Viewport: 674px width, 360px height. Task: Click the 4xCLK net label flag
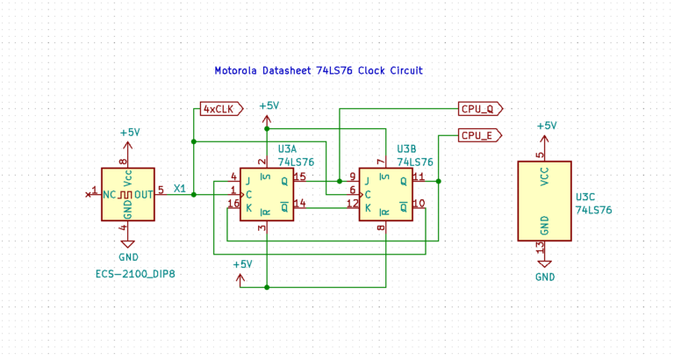point(222,109)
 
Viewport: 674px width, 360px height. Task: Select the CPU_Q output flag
point(481,109)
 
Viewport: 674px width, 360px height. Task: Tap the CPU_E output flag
point(480,135)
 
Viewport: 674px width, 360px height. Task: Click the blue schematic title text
point(319,70)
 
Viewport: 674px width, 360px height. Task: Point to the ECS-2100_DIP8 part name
point(135,274)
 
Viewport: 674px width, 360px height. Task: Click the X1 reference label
point(180,189)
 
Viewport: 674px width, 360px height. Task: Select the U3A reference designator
point(287,149)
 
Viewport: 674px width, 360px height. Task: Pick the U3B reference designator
point(406,149)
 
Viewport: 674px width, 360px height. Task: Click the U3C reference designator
point(585,197)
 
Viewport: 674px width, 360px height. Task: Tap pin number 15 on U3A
point(299,176)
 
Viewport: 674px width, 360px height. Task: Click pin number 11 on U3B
point(419,176)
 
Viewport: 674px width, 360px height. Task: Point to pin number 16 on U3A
point(233,204)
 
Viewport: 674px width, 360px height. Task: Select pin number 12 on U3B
point(353,204)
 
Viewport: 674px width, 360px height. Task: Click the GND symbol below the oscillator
point(127,244)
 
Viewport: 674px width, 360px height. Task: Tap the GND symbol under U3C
point(545,264)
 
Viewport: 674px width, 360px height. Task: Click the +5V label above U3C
point(547,126)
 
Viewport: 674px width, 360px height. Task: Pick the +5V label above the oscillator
point(130,133)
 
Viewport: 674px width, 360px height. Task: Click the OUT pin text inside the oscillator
point(144,195)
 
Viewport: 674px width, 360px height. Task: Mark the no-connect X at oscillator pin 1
point(88,195)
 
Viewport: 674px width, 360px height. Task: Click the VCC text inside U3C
point(545,176)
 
